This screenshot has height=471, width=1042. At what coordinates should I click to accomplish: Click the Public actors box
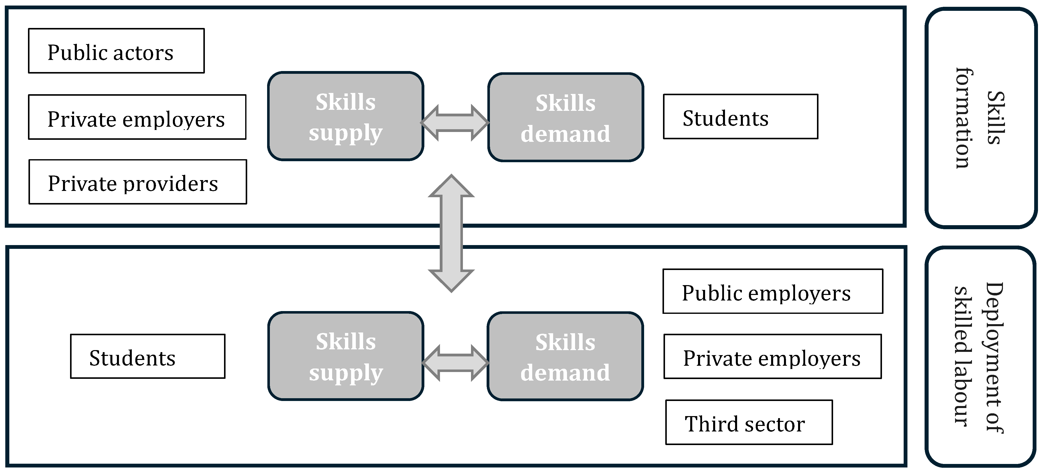(116, 51)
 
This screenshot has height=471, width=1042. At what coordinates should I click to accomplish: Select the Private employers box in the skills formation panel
(137, 117)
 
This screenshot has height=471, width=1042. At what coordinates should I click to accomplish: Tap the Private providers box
(138, 182)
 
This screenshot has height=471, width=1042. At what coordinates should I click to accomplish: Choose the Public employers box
(773, 291)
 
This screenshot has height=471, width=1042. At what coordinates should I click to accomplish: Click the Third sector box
(749, 422)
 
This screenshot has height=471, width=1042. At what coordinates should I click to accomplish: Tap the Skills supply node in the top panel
(345, 116)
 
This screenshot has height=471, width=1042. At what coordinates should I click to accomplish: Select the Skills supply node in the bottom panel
(345, 356)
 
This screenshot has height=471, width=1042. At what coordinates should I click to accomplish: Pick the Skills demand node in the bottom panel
(565, 356)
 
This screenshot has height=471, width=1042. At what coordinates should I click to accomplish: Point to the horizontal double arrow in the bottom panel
(455, 363)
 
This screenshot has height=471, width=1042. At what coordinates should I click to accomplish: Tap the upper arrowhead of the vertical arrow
(451, 187)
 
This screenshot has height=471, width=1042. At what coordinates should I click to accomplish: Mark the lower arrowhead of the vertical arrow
(451, 280)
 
